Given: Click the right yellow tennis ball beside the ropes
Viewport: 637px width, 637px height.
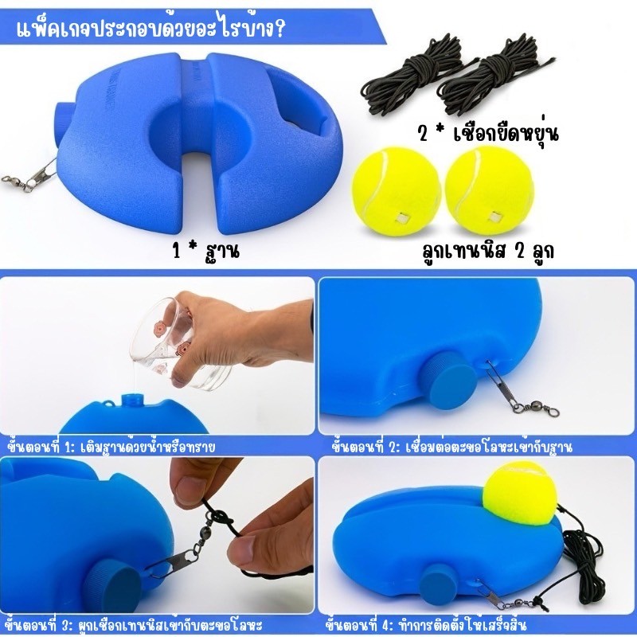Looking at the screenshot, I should [487, 190].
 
